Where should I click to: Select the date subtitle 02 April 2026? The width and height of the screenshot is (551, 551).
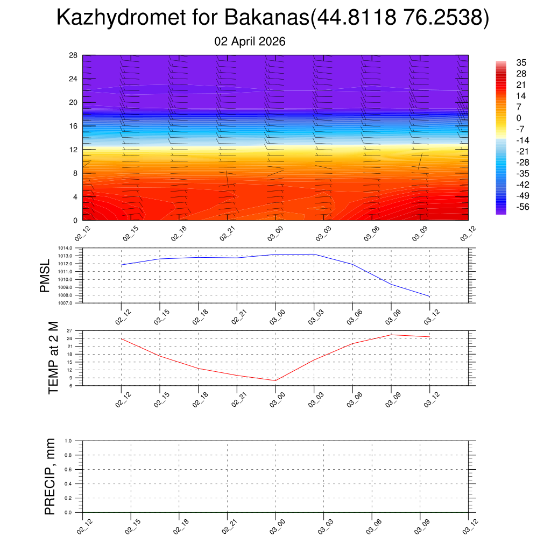click(250, 41)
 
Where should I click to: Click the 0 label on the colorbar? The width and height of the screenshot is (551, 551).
click(519, 118)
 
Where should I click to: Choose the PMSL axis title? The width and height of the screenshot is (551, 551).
click(45, 276)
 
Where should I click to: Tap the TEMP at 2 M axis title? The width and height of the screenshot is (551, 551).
click(53, 358)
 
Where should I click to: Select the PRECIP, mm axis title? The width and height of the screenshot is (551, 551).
click(51, 477)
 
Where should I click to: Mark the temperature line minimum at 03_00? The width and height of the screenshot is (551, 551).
click(275, 380)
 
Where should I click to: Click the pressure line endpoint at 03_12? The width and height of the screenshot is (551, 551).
click(429, 296)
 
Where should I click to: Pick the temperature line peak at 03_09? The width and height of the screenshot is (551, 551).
click(391, 335)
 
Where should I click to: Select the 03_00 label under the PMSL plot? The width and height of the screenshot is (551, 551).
click(275, 314)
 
